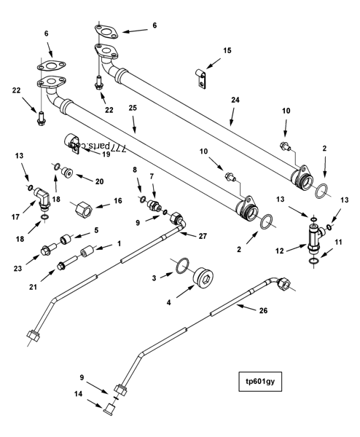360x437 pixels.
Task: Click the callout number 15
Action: [227, 50]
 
